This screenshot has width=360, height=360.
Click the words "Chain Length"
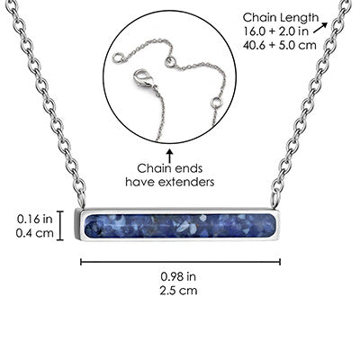pos(281,18)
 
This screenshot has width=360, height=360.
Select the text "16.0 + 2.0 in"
pos(276,31)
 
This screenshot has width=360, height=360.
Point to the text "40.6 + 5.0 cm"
pos(280,45)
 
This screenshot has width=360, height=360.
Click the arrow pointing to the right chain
pos(320,27)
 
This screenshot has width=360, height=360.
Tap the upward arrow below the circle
pos(170,155)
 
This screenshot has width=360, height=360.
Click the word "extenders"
pos(186,182)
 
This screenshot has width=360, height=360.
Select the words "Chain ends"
pos(170,168)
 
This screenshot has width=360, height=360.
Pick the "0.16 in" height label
pos(34,219)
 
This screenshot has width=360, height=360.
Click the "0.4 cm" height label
pos(35,233)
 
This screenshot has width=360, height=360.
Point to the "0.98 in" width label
pos(178,276)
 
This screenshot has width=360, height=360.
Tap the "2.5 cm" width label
pos(178,291)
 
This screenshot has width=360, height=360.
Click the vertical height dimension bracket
pos(60,226)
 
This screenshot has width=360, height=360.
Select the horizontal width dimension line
pos(180,262)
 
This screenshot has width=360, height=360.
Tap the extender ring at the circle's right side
pos(217,103)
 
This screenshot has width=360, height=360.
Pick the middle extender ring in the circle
pos(170,61)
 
